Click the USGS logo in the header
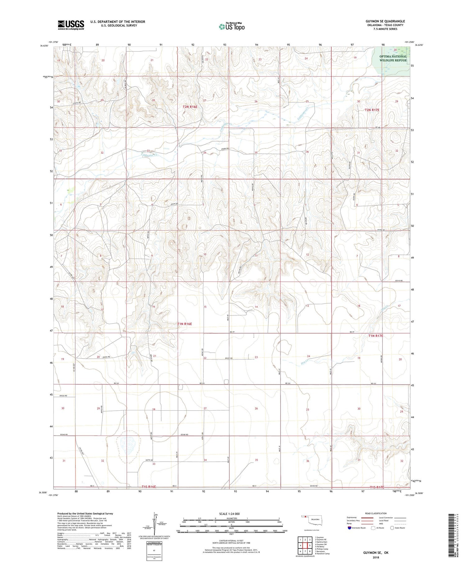pos(71,25)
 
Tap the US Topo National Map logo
pos(231,26)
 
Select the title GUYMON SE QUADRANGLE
pos(385,21)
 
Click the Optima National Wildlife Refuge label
pos(393,58)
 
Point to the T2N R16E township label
pos(190,107)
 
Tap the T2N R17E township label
pos(372,110)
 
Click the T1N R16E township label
pos(185,324)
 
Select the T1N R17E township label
pos(376,336)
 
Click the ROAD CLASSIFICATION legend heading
pos(376,513)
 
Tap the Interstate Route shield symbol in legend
pos(349,528)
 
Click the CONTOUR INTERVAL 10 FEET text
pos(231,541)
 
